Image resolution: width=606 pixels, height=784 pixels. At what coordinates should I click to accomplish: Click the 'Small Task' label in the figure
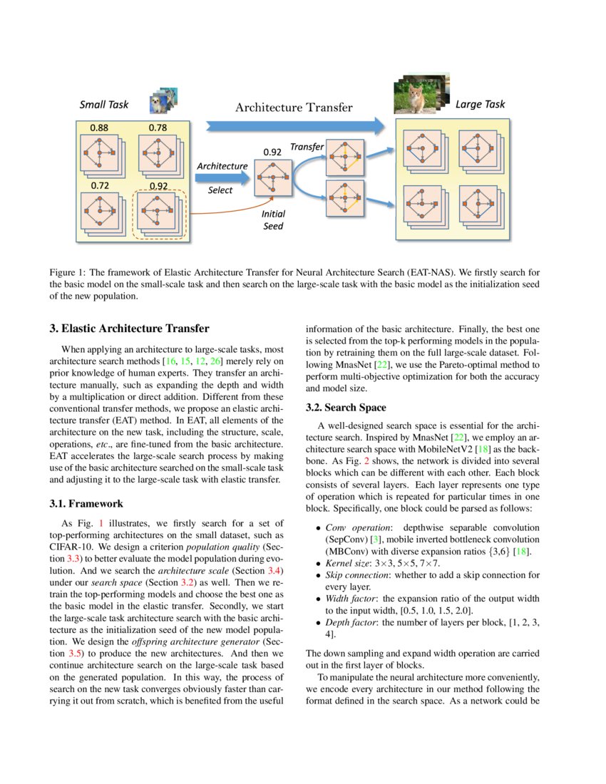click(104, 105)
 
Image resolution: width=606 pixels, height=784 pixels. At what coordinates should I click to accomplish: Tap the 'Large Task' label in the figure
click(480, 104)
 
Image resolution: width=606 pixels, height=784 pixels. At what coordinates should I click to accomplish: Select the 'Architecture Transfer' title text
click(294, 108)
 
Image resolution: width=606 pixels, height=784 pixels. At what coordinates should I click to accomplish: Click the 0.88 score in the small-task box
click(100, 128)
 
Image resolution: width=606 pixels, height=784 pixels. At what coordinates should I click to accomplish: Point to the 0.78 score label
click(158, 128)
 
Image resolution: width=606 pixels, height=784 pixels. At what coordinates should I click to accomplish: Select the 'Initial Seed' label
click(272, 220)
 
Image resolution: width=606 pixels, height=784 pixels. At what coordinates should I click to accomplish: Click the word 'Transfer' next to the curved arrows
click(307, 147)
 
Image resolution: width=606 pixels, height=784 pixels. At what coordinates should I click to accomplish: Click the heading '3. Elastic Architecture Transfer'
click(129, 329)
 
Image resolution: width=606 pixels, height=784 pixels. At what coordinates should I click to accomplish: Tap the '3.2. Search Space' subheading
click(346, 407)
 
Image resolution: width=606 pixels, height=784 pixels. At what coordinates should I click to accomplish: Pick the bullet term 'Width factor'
click(346, 599)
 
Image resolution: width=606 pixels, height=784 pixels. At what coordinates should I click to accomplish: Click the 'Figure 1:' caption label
click(68, 272)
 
